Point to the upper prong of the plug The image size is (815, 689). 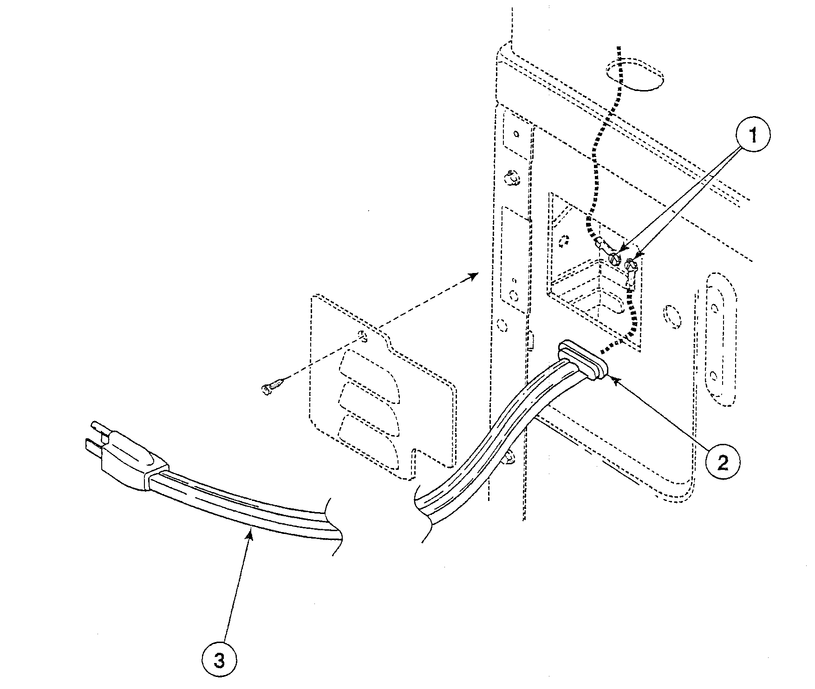[x=100, y=427]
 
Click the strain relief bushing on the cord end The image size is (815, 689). [x=583, y=360]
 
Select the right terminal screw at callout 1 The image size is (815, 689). [x=631, y=266]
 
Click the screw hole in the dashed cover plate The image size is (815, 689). [x=364, y=335]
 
